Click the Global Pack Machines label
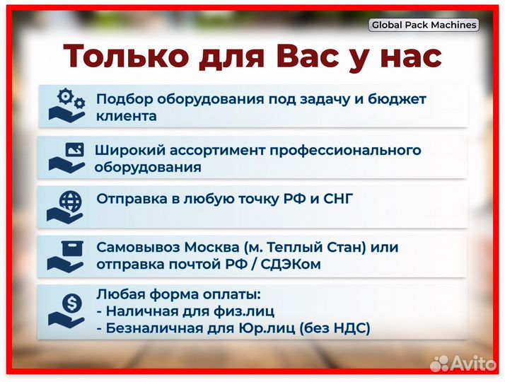(x=424, y=25)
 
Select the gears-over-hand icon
(x=66, y=105)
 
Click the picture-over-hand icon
(x=66, y=157)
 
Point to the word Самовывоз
(x=138, y=248)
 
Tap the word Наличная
(x=137, y=311)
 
